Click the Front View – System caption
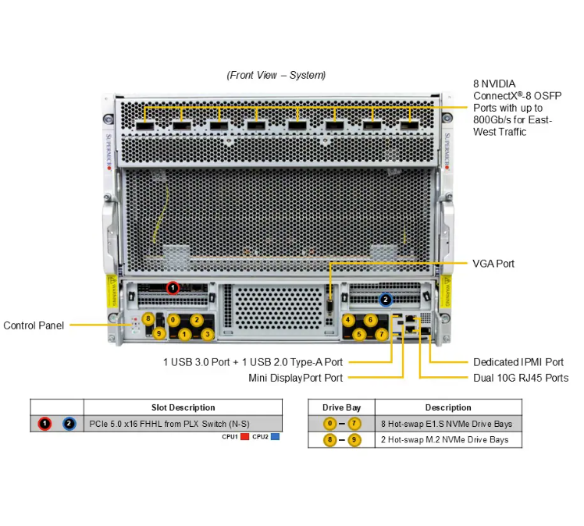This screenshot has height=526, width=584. (x=276, y=75)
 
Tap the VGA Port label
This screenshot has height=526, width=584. (x=493, y=264)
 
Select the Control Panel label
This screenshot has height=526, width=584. (x=34, y=325)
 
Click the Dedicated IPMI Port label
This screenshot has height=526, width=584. (x=518, y=362)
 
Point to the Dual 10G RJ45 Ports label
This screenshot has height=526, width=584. (x=521, y=378)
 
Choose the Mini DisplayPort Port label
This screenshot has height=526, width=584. (x=295, y=378)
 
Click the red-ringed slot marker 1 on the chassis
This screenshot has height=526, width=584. (x=173, y=288)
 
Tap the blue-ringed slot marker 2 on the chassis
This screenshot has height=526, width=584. (x=385, y=299)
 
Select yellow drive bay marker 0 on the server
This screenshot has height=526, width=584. (x=173, y=320)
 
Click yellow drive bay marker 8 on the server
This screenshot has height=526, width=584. (x=148, y=318)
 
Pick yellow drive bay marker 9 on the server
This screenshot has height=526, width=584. (x=158, y=334)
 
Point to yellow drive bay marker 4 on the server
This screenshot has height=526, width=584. (x=348, y=320)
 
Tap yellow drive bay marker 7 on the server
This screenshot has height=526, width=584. (x=381, y=334)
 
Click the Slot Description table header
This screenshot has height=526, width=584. (x=183, y=407)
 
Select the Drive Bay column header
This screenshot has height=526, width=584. (x=341, y=407)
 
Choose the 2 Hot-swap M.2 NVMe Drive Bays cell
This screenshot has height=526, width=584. (x=444, y=440)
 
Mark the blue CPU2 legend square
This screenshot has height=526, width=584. (x=275, y=437)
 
